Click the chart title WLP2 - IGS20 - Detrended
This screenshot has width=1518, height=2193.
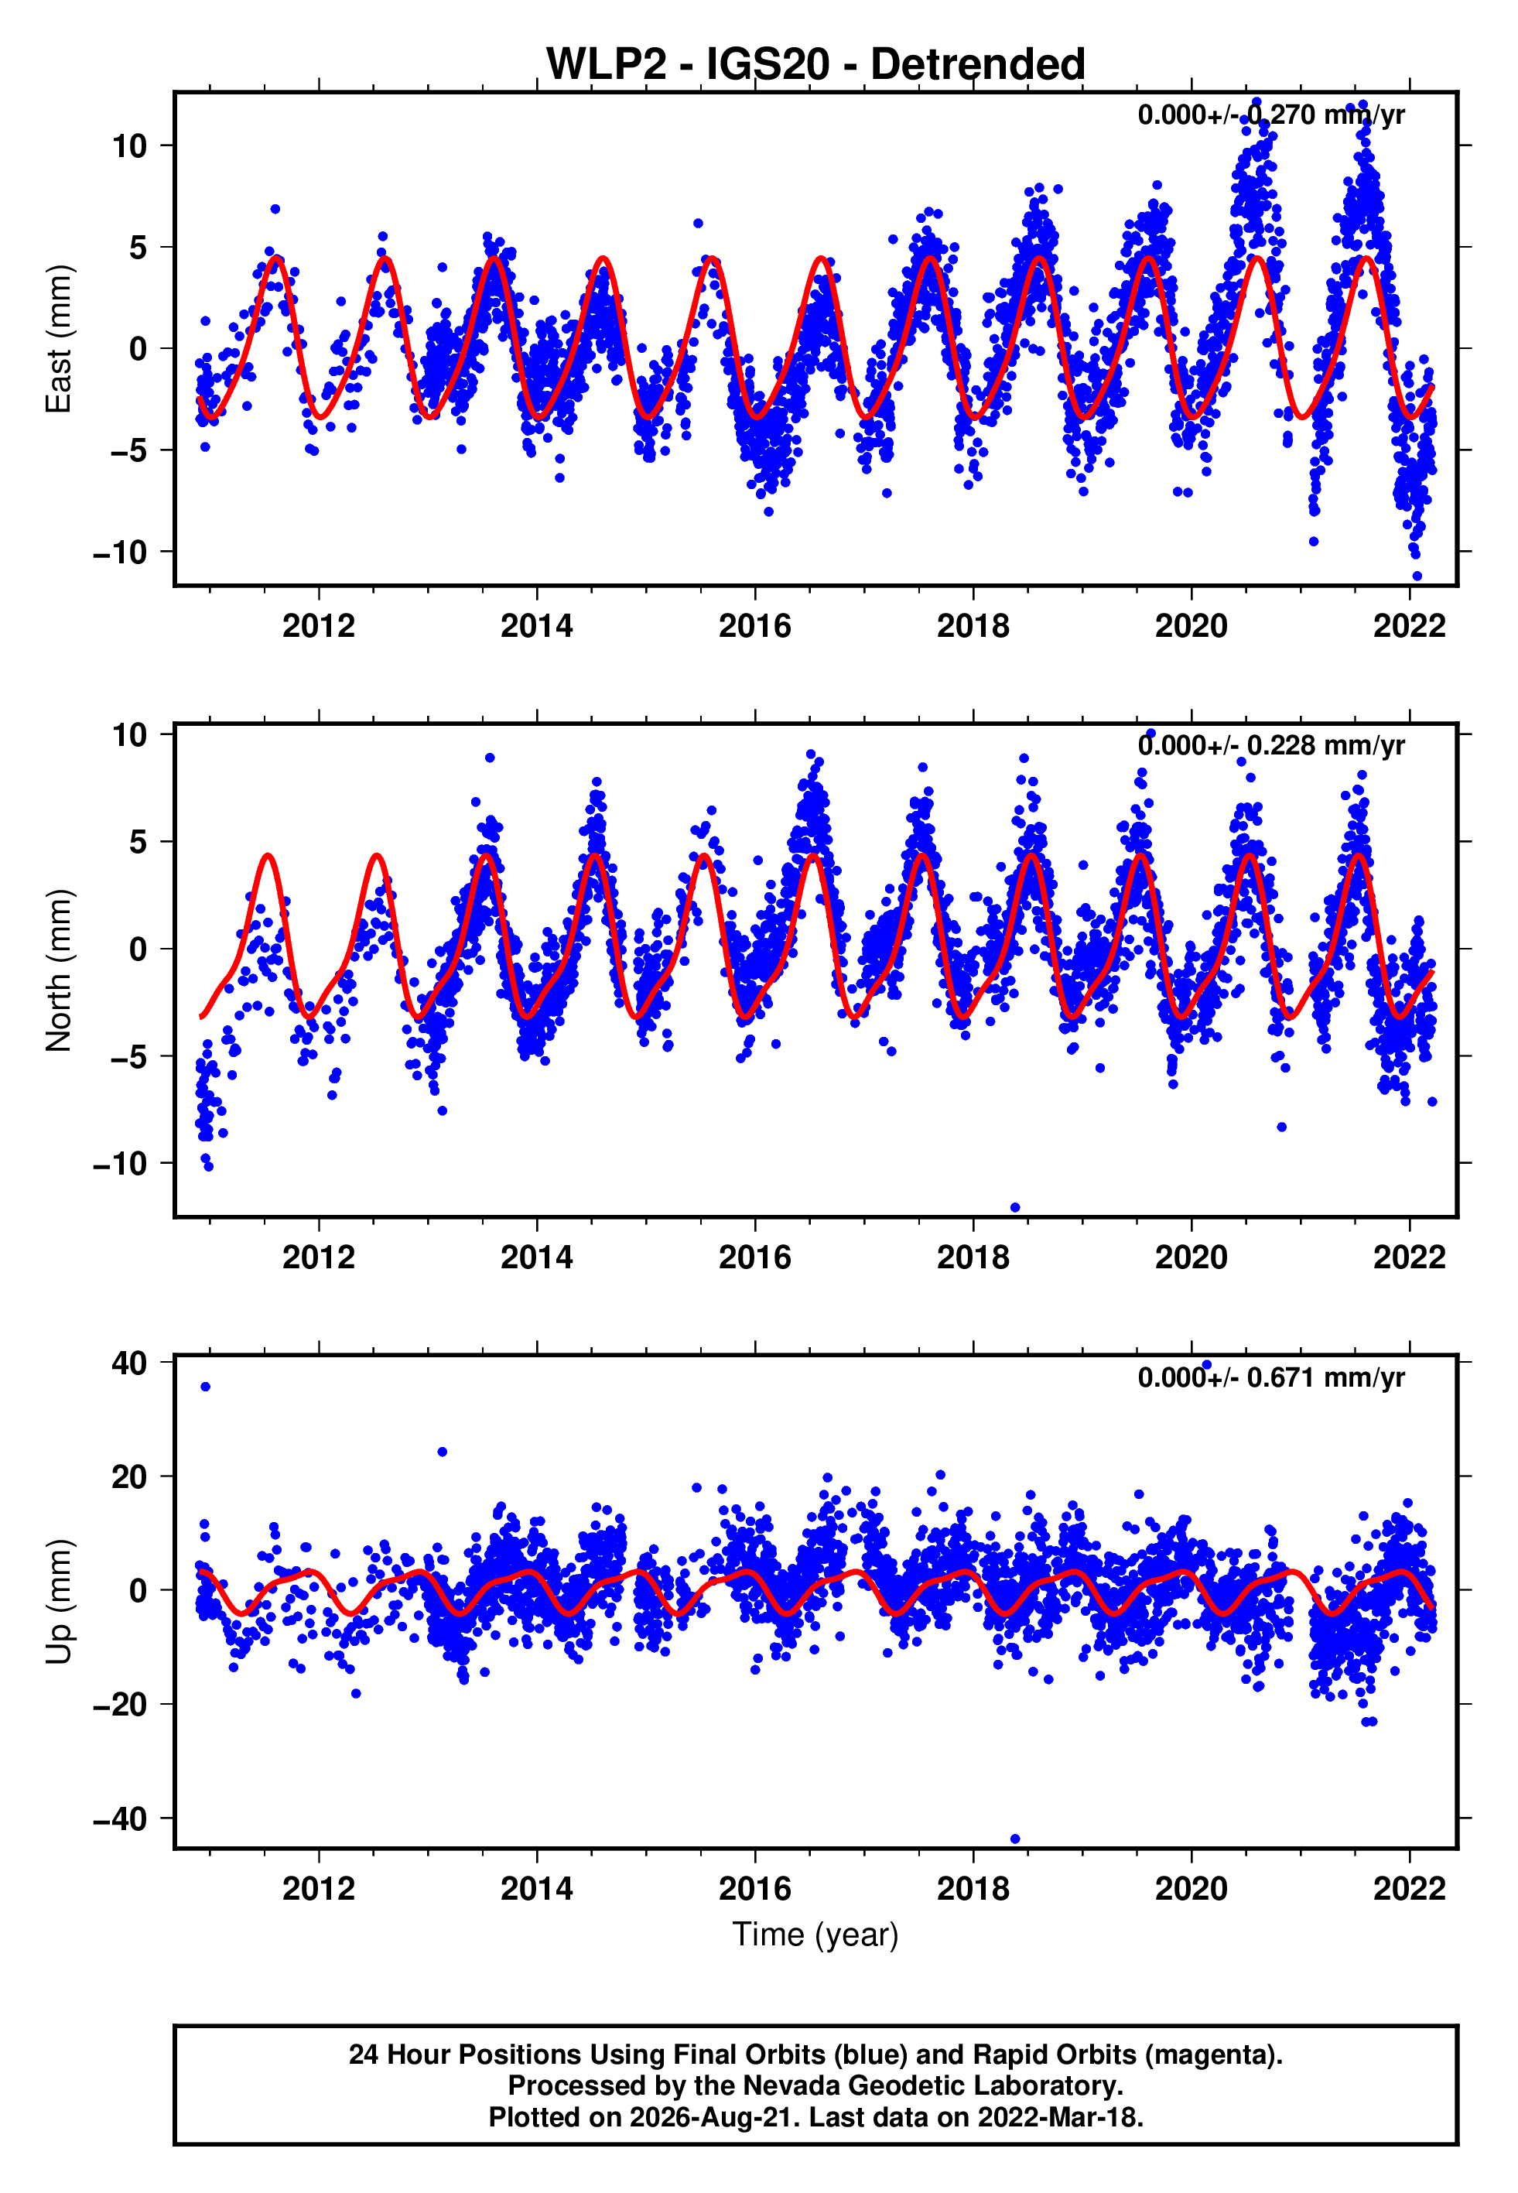pyautogui.click(x=815, y=63)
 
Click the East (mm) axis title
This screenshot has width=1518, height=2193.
pyautogui.click(x=59, y=340)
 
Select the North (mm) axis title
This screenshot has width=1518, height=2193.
pyautogui.click(x=59, y=970)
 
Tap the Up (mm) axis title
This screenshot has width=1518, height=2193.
pyautogui.click(x=59, y=1600)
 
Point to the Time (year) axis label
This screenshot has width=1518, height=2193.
pyautogui.click(x=815, y=1935)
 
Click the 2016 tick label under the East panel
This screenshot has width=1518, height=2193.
pyautogui.click(x=755, y=626)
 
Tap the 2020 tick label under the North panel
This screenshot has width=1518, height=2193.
pyautogui.click(x=1191, y=1257)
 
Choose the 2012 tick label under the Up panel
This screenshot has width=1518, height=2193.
pyautogui.click(x=319, y=1889)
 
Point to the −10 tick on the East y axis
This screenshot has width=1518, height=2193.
pyautogui.click(x=120, y=552)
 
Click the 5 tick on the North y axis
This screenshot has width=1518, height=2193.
pyautogui.click(x=138, y=842)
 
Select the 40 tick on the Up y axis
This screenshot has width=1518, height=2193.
pyautogui.click(x=129, y=1363)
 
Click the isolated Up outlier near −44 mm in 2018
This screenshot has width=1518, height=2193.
pyautogui.click(x=1015, y=1839)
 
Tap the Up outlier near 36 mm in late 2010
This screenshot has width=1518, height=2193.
pyautogui.click(x=206, y=1387)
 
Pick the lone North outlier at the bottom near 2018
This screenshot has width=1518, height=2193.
pyautogui.click(x=1015, y=1208)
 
